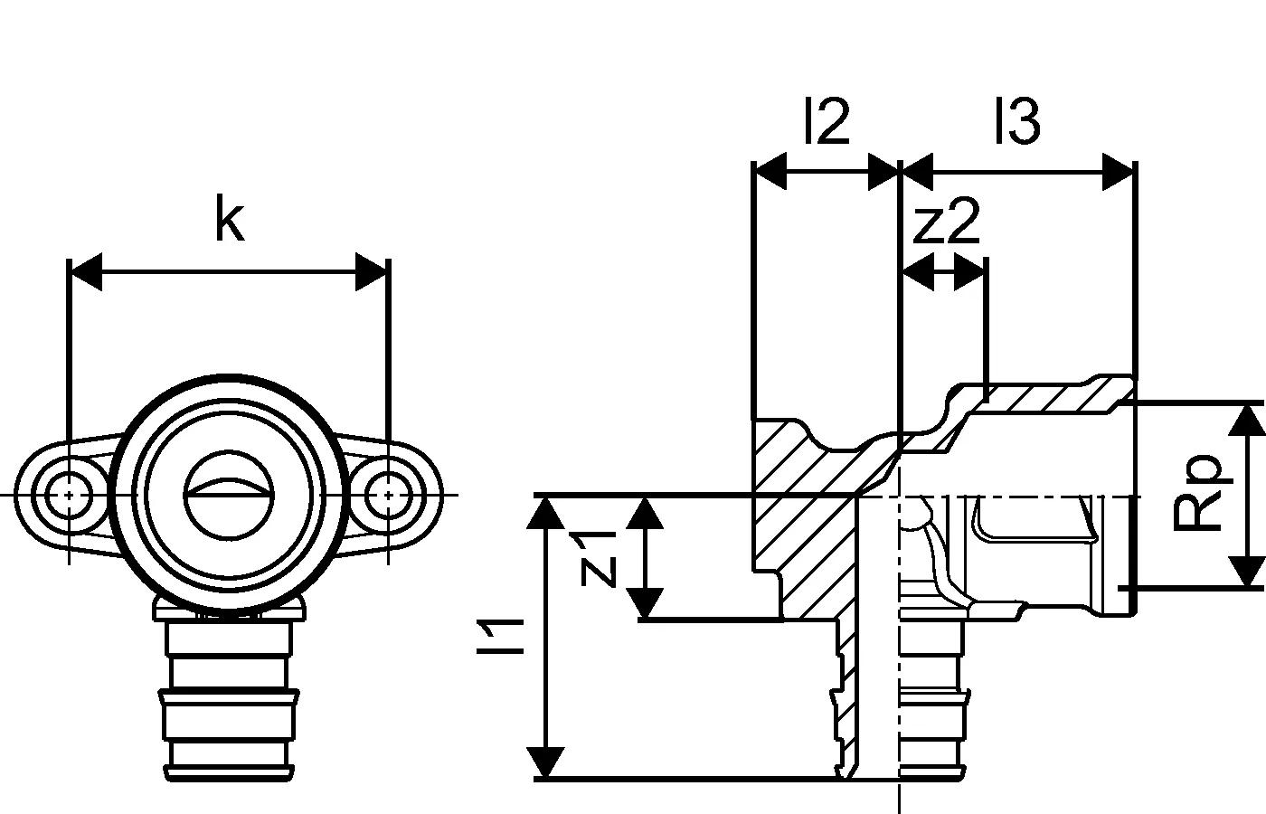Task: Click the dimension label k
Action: point(229,219)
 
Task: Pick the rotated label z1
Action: point(598,558)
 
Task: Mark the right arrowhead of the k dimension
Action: point(372,272)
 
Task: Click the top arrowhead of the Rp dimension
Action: point(1248,420)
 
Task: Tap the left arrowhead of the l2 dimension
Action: point(770,172)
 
